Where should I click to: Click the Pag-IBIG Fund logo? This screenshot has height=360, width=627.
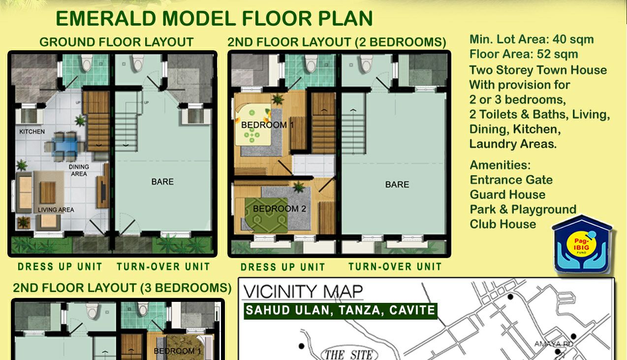click(x=583, y=244)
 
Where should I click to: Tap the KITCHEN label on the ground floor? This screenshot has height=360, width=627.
click(x=32, y=131)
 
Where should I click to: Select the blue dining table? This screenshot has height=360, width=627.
click(x=66, y=147)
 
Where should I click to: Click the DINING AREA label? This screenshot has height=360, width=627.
click(x=79, y=170)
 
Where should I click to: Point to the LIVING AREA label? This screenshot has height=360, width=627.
click(x=56, y=210)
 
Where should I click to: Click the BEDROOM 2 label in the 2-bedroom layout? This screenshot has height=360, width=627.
click(x=280, y=208)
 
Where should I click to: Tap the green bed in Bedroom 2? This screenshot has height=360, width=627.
click(x=266, y=215)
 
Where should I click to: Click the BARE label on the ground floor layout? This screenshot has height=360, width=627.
click(x=162, y=182)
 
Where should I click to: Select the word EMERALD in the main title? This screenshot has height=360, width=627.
click(x=106, y=19)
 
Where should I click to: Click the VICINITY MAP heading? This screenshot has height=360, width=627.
click(x=303, y=292)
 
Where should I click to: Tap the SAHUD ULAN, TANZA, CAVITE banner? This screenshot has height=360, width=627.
click(x=341, y=311)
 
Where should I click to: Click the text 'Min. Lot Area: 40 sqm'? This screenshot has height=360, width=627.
click(x=532, y=39)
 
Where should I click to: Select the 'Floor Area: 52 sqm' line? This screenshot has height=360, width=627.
click(x=524, y=54)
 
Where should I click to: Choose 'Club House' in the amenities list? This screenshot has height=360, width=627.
click(x=503, y=224)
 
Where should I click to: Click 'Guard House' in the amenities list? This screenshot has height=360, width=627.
click(x=508, y=195)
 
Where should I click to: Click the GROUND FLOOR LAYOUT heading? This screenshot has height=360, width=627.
click(x=117, y=42)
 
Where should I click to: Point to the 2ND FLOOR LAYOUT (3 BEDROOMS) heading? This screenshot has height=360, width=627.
click(x=123, y=288)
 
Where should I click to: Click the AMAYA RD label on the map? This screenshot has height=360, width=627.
click(x=554, y=344)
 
